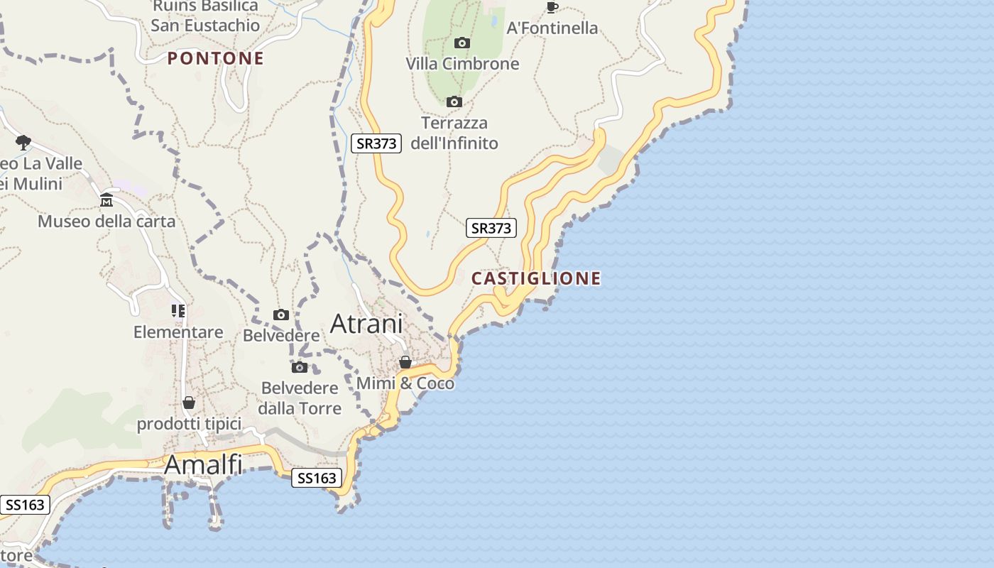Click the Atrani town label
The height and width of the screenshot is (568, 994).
[x=366, y=324]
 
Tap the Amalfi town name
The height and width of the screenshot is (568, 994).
[x=203, y=465]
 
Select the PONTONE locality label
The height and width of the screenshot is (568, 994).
[x=216, y=58]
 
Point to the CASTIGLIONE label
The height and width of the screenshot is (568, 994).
[x=536, y=278]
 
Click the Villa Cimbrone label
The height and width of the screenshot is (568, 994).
[x=462, y=64]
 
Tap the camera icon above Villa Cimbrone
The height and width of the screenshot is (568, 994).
[x=462, y=43]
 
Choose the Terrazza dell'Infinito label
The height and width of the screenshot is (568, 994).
[x=454, y=133]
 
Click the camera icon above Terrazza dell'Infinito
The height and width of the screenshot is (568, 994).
[x=454, y=102]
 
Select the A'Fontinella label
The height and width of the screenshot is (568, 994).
[x=552, y=28]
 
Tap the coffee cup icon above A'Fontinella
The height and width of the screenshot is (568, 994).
[x=552, y=8]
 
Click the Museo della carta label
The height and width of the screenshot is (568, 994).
[x=106, y=222]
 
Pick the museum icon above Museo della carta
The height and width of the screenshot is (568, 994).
[x=106, y=200]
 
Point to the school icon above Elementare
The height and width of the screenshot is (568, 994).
[x=177, y=311]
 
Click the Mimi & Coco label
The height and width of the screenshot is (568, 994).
[x=405, y=383]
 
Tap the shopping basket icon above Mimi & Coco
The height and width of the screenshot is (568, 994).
[x=405, y=363]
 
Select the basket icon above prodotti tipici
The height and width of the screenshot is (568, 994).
[x=189, y=403]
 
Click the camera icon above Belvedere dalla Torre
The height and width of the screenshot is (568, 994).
[x=300, y=367]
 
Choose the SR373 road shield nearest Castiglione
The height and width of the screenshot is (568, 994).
[x=491, y=228]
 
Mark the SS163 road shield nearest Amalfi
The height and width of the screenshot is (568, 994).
[x=317, y=478]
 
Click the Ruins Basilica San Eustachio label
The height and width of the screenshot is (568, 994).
[x=205, y=16]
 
